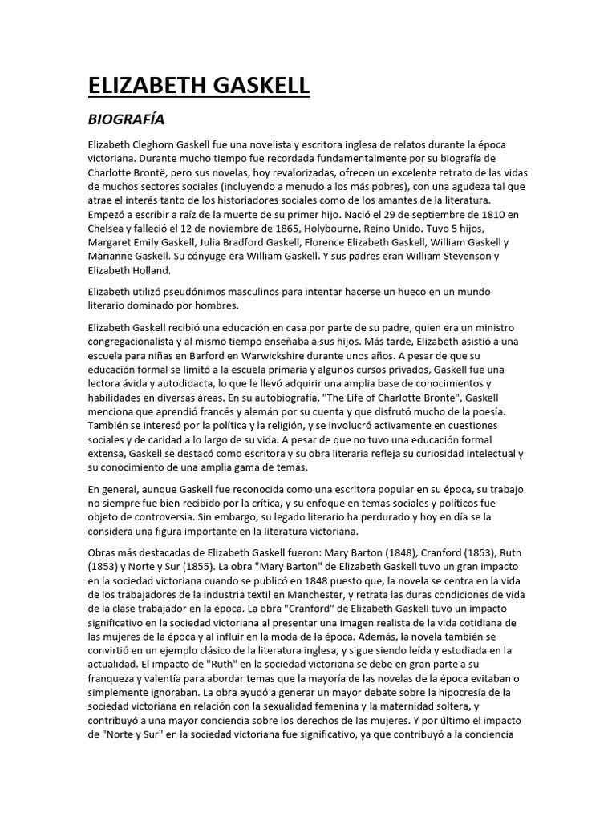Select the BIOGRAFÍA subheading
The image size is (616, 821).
coord(125,119)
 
